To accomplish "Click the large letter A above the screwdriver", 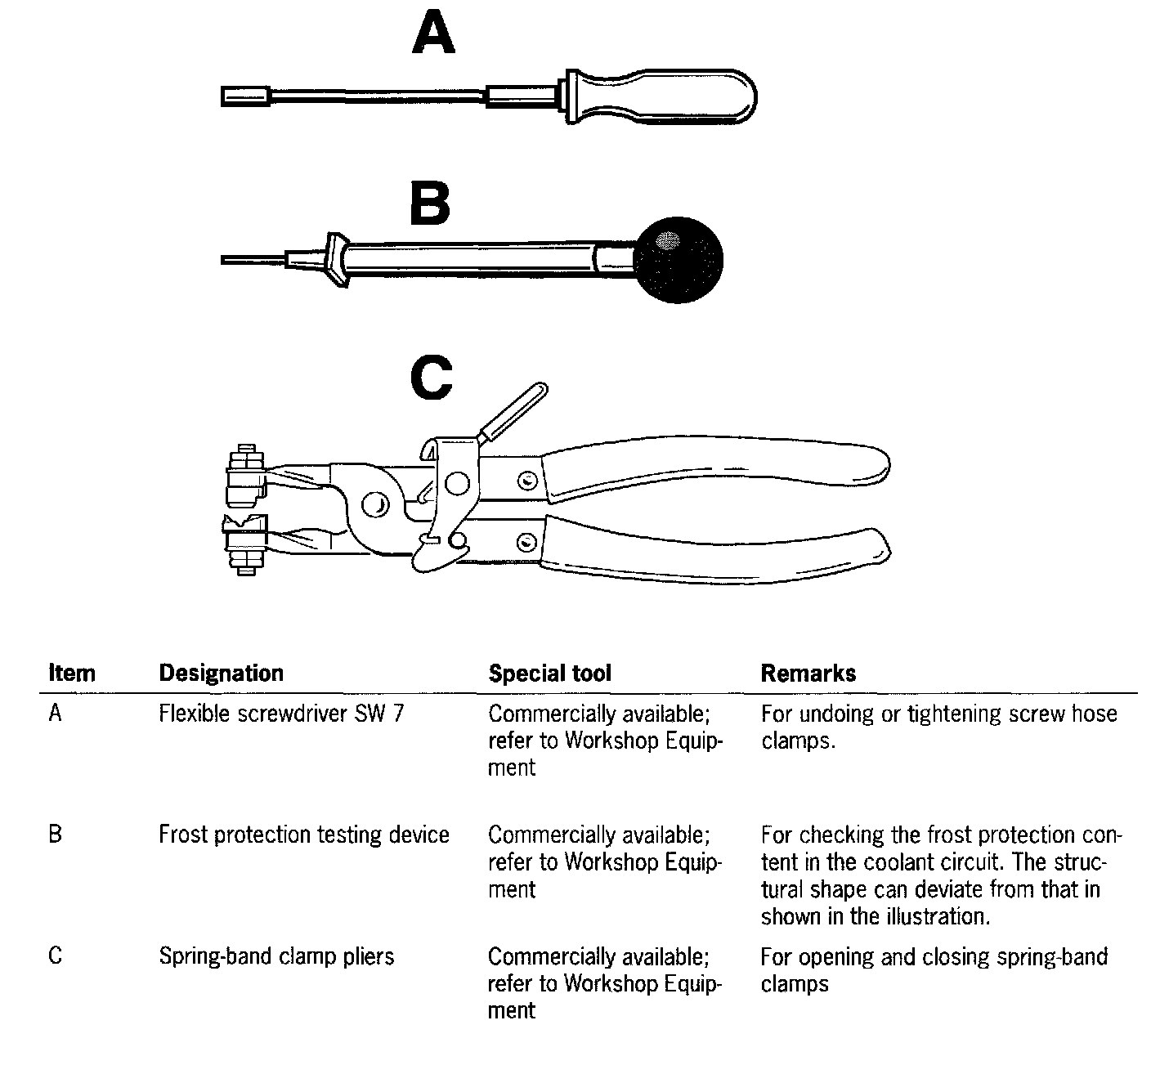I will click(x=433, y=34).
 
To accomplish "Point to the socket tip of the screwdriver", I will click(x=245, y=96).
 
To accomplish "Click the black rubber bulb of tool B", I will click(x=678, y=260).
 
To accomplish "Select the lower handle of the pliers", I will click(x=719, y=551).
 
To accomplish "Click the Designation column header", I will click(x=221, y=673).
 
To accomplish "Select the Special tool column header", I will click(x=549, y=673).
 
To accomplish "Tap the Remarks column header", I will click(x=808, y=673).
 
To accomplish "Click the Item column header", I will click(x=72, y=673).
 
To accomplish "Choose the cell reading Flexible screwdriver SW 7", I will click(x=281, y=714).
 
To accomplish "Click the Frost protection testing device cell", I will click(x=304, y=835).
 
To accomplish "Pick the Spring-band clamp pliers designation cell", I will click(x=276, y=955).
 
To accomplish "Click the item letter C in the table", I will click(x=56, y=955).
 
